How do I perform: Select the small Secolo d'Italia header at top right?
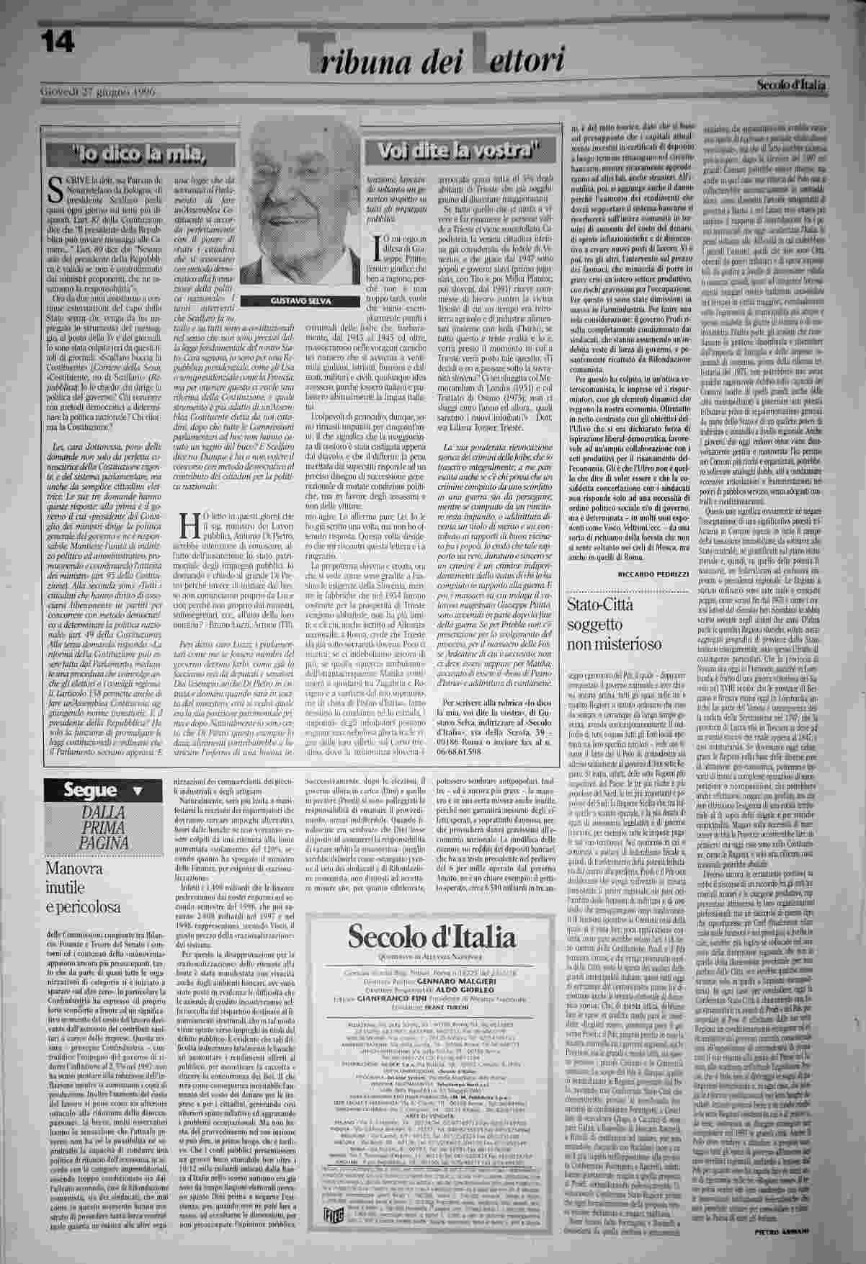tap(791, 85)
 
